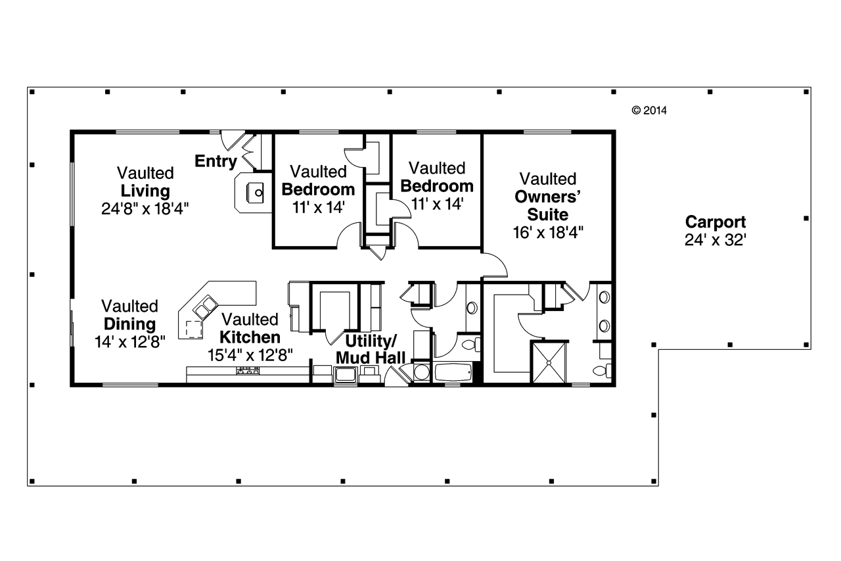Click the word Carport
click(716, 222)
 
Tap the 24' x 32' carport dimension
click(716, 241)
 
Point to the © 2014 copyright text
click(649, 111)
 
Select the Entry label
click(216, 161)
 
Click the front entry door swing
click(230, 140)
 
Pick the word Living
click(145, 191)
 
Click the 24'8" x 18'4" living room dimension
click(145, 210)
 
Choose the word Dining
click(129, 324)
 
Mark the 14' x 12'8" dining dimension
click(129, 342)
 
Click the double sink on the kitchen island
click(204, 305)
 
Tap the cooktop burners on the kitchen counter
click(248, 372)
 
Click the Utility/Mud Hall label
click(371, 349)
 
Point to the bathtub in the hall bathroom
click(453, 372)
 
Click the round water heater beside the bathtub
click(421, 372)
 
